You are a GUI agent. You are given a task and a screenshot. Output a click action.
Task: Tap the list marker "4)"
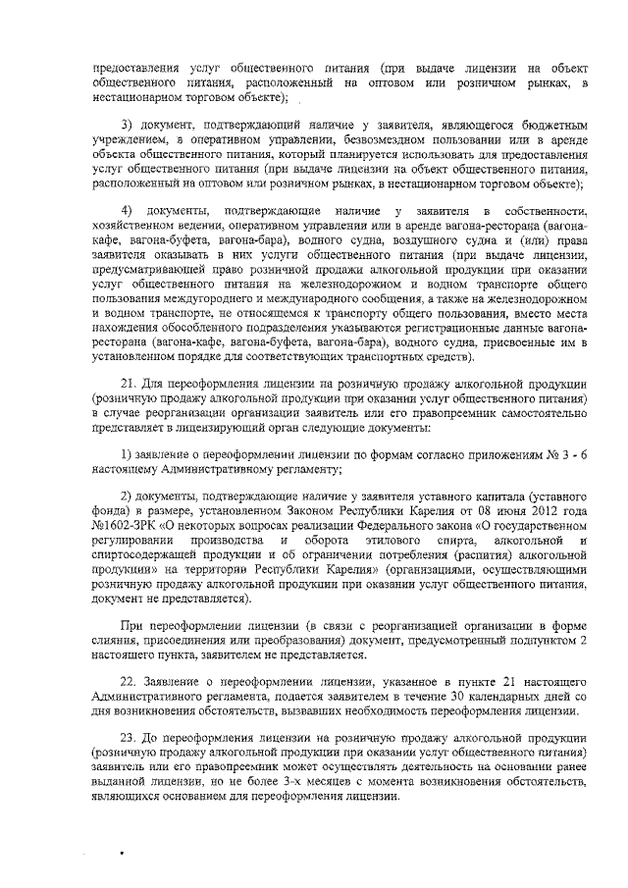pos(128,213)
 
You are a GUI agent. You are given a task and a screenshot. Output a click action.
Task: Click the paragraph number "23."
pos(128,737)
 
